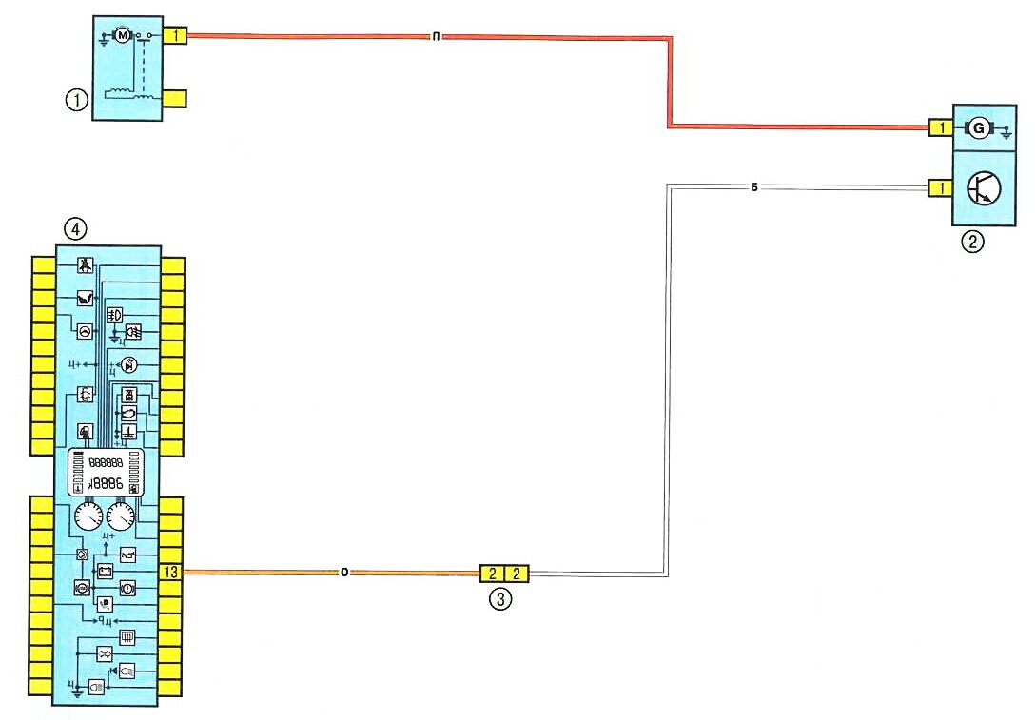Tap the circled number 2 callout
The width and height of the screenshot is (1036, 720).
(x=971, y=242)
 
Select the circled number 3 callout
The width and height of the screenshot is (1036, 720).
(x=499, y=599)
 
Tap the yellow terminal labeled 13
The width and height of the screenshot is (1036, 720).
(x=171, y=573)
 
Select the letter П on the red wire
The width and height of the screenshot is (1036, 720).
(x=434, y=38)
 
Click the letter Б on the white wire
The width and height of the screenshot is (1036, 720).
(x=753, y=188)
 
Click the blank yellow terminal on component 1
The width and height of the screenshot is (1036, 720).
(x=176, y=98)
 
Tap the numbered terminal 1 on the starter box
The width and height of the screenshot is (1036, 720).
(x=176, y=37)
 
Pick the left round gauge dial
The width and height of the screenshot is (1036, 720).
(x=87, y=518)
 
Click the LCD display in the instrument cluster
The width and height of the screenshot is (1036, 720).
(x=105, y=472)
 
